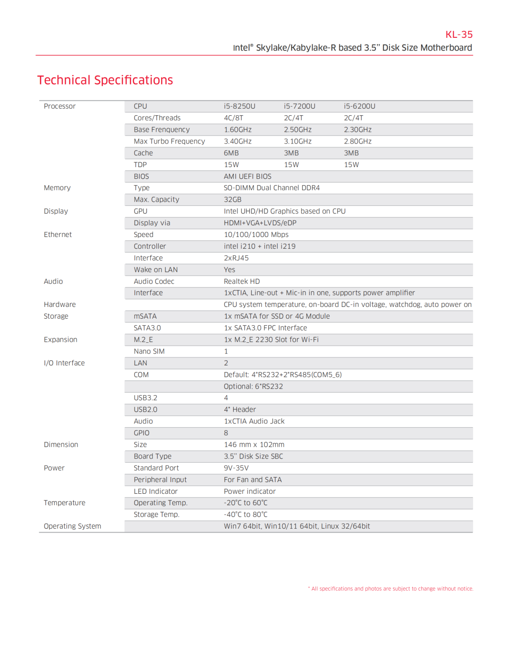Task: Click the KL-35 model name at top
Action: point(459,34)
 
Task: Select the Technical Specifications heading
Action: point(105,80)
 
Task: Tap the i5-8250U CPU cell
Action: point(239,106)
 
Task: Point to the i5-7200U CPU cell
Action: point(299,106)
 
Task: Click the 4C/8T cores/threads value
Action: point(233,118)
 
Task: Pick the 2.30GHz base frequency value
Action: point(357,130)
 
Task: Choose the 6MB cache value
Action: point(231,153)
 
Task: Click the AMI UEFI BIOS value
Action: point(247,177)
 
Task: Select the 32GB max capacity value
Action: point(232,200)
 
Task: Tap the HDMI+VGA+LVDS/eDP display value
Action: point(260,223)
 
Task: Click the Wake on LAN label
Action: point(155,270)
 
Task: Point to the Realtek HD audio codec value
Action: point(242,281)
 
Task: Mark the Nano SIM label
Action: point(149,351)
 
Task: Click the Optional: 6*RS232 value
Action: point(253,386)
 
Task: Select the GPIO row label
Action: point(141,433)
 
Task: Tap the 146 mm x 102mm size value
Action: point(254,445)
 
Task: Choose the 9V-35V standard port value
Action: point(236,468)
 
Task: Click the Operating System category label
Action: point(72,526)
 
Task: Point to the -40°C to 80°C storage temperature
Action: point(246,515)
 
